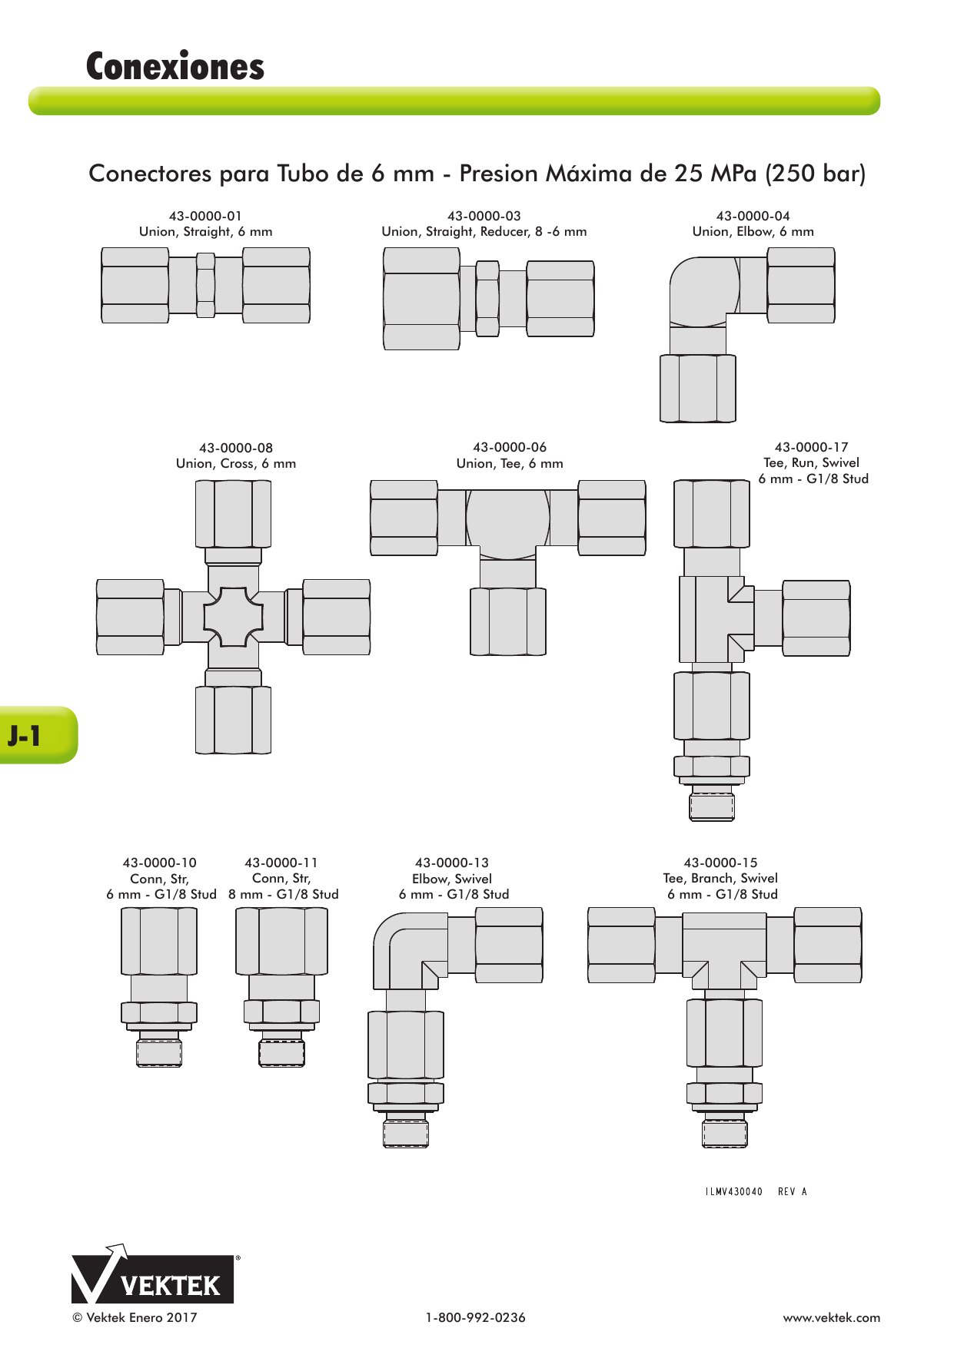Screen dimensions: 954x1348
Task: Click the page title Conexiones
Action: point(175,67)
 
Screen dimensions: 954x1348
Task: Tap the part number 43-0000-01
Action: point(205,216)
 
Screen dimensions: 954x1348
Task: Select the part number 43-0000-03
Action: point(484,216)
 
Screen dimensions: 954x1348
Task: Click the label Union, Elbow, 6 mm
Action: point(753,232)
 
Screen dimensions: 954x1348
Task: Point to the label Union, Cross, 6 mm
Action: point(236,464)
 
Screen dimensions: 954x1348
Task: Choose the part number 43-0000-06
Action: point(510,447)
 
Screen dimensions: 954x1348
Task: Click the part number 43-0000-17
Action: point(812,447)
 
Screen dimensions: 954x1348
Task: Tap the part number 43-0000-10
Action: point(160,863)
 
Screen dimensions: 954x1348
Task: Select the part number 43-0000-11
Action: point(281,863)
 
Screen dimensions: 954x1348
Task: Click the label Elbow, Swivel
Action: point(452,879)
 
